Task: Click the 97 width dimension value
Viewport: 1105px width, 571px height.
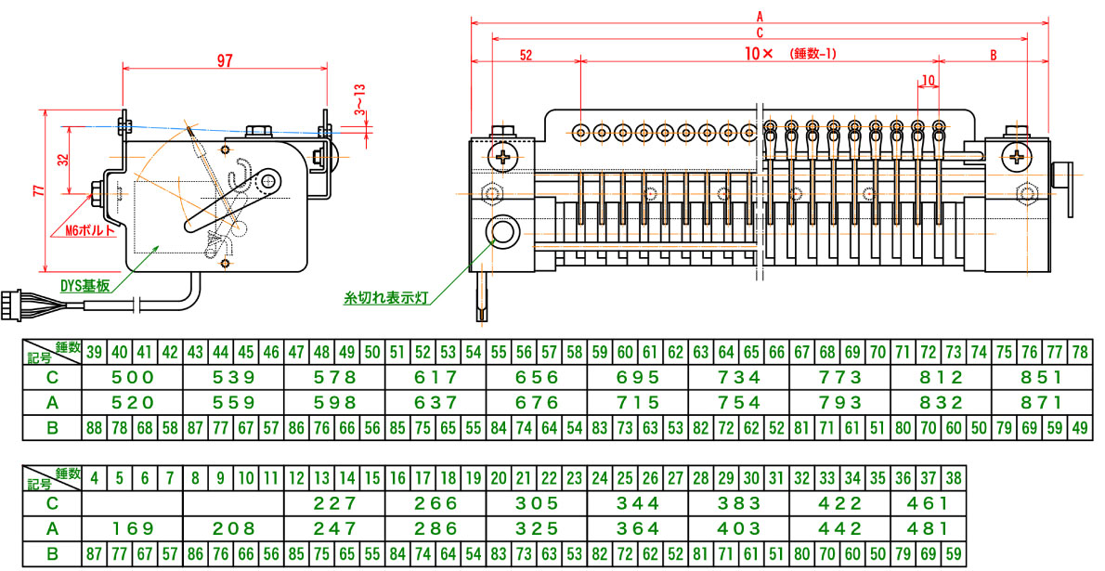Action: (x=225, y=60)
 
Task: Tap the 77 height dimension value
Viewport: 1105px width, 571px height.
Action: (x=38, y=191)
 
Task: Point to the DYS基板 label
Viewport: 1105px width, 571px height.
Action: (x=86, y=287)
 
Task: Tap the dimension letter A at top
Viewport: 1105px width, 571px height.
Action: (x=760, y=16)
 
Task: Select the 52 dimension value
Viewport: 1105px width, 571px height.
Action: (x=526, y=56)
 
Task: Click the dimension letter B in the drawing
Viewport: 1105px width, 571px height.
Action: (x=992, y=56)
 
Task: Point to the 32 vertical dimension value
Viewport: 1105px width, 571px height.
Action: (x=63, y=159)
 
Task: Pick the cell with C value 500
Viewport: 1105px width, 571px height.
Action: (x=132, y=378)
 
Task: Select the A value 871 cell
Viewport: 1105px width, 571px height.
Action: (x=1041, y=403)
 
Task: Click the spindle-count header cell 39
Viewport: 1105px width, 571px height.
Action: (x=94, y=353)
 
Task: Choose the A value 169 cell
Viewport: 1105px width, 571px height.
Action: (x=132, y=528)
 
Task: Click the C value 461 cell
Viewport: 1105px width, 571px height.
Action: (x=928, y=503)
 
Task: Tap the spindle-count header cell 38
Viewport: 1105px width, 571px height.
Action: (x=953, y=478)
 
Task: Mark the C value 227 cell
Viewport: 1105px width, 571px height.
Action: (x=334, y=503)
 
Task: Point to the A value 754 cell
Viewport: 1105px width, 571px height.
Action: (x=738, y=403)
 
